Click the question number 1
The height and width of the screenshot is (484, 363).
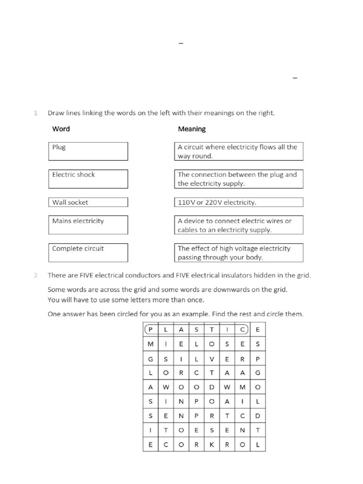pos(35,113)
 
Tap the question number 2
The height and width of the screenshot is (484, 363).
pos(35,275)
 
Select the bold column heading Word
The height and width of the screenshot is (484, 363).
pos(61,129)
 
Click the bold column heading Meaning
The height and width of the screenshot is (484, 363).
pos(191,129)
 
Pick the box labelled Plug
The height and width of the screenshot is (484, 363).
pos(88,151)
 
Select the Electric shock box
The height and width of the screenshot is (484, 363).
pos(88,179)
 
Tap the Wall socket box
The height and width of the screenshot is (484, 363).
pos(88,202)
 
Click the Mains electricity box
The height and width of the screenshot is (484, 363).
pos(88,225)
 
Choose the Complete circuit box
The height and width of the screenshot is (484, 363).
pos(88,252)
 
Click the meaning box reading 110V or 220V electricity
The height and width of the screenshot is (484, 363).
pos(239,202)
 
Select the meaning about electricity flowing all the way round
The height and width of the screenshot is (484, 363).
pos(239,151)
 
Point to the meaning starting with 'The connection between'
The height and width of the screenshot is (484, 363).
pos(239,179)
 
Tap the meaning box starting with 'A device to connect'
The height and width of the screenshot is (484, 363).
pos(239,225)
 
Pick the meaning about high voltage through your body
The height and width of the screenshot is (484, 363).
pos(239,252)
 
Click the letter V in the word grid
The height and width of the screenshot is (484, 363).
pos(212,359)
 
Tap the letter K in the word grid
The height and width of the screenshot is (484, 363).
pos(212,445)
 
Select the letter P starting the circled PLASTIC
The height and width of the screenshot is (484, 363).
pos(150,329)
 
